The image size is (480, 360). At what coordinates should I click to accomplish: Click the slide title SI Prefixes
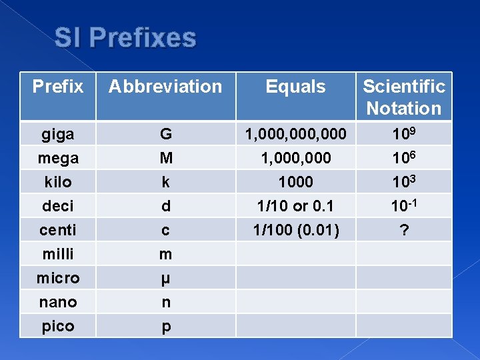coord(125,38)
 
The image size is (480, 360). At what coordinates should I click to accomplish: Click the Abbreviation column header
coord(165,87)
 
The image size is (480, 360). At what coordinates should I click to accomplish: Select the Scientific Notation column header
coord(404,97)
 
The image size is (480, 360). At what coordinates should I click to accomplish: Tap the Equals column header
coord(295,87)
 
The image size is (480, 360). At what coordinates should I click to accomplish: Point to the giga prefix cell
coord(58,134)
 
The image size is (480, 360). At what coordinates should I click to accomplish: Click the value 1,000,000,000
coord(295,134)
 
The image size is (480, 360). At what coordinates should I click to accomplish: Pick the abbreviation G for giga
coord(165,134)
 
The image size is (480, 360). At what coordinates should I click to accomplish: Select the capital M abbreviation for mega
coord(165,158)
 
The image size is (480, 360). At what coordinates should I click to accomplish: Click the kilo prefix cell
coord(58,182)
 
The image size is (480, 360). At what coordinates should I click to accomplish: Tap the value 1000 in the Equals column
coord(295,182)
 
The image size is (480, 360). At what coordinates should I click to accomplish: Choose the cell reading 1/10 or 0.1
coord(295,206)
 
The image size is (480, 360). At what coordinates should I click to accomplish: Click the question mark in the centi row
coord(404,230)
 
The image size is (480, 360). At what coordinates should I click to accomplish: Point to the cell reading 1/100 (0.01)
coord(295,230)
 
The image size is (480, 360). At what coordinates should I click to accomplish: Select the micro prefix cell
coord(58,278)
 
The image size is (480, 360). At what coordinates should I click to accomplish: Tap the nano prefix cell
coord(58,302)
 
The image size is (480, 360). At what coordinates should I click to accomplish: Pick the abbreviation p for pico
coord(165,327)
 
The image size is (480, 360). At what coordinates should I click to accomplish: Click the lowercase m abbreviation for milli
coord(165,254)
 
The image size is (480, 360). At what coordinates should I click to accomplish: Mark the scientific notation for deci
coord(404,205)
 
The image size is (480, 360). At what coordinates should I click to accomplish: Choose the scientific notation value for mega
coord(404,157)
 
